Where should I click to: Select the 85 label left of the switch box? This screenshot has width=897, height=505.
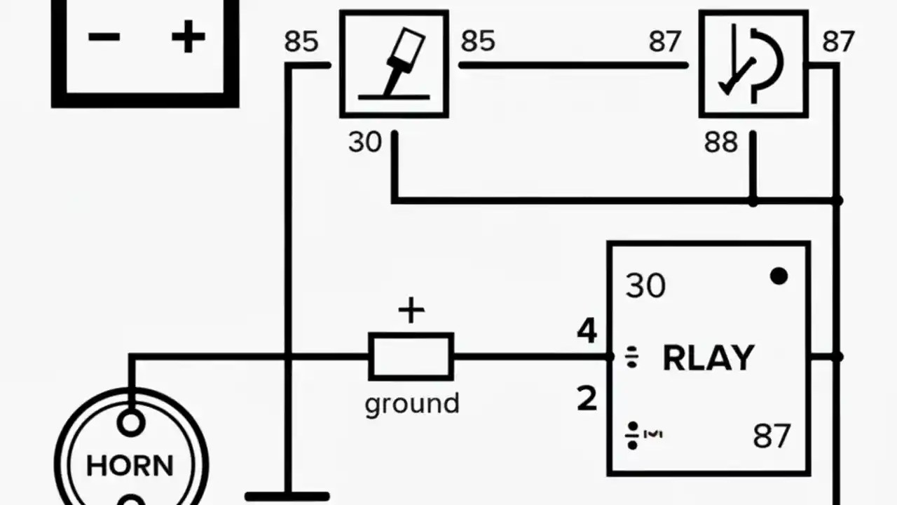point(301,42)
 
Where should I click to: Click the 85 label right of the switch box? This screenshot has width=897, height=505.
point(478,41)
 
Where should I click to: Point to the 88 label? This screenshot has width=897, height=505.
point(721,143)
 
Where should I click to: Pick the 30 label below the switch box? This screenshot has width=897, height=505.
point(365,142)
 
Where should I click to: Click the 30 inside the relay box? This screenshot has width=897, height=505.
point(645,286)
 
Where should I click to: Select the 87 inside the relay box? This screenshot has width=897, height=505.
point(772,436)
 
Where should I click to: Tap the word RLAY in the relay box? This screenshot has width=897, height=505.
point(708,358)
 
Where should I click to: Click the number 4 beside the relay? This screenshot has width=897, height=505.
point(587,331)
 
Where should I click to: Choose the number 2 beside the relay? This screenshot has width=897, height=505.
point(587,399)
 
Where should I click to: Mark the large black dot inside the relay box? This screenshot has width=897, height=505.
point(779,276)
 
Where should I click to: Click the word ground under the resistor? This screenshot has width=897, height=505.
point(412,404)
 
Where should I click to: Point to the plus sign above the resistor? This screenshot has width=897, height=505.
point(411,311)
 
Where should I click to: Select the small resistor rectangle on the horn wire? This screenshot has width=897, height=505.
point(411,356)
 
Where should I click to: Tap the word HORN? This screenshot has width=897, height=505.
point(130,466)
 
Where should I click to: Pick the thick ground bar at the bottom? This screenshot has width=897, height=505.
point(287,497)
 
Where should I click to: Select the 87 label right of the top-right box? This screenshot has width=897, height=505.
point(838,42)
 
